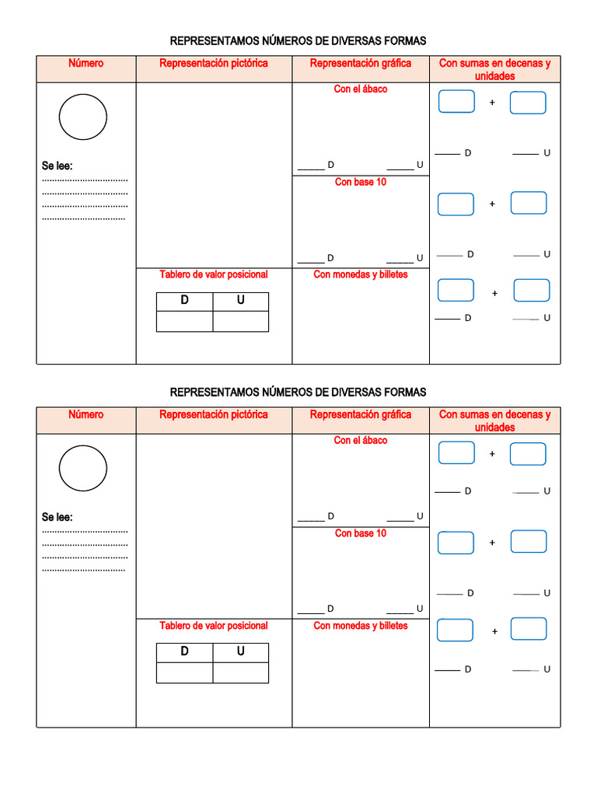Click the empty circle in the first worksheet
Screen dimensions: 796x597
[83, 117]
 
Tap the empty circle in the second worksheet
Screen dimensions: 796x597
[83, 468]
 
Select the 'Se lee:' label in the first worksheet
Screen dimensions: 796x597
[58, 166]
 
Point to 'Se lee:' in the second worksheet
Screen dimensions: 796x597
[58, 517]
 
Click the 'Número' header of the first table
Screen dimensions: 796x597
[86, 64]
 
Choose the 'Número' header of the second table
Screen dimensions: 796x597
[86, 415]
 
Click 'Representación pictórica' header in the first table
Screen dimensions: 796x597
[214, 64]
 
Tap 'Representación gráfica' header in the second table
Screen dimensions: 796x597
[361, 415]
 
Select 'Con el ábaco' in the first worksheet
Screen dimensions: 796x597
[361, 89]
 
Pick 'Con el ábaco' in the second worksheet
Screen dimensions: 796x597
[361, 441]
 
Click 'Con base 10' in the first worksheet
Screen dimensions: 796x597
[361, 183]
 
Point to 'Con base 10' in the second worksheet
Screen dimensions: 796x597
[361, 534]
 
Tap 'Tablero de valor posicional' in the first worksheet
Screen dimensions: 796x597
[214, 274]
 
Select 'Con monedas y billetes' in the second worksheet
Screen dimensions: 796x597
[361, 626]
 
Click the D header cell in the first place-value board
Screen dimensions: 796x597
[184, 301]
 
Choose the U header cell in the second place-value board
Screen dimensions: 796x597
[241, 652]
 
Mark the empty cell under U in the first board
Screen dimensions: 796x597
[241, 321]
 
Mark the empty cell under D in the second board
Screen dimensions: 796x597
[184, 672]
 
